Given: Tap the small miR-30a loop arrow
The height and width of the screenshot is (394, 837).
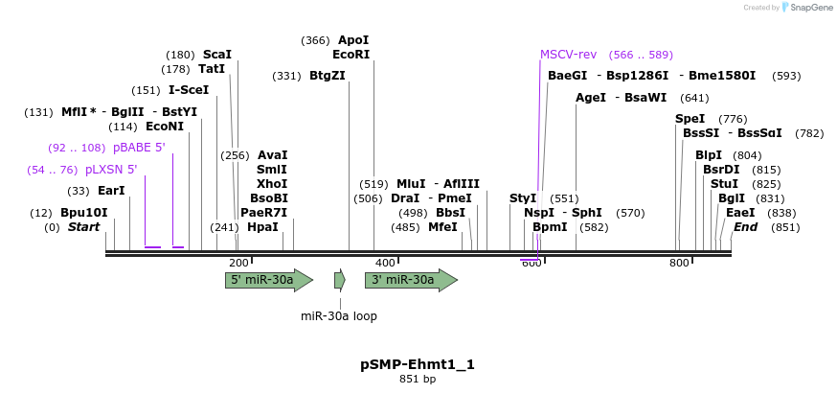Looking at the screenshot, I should click(x=340, y=280).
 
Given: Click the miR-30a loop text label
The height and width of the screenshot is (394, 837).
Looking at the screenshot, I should click(x=339, y=315).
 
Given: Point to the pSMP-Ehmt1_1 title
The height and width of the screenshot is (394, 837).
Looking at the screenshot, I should click(x=418, y=364).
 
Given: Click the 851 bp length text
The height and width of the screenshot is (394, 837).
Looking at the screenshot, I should click(x=418, y=380).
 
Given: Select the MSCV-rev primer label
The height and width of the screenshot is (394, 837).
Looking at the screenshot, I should click(x=568, y=55).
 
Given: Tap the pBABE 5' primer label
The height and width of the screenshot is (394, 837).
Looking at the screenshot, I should click(x=139, y=148).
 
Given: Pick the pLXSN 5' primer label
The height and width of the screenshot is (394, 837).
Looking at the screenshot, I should click(x=111, y=170).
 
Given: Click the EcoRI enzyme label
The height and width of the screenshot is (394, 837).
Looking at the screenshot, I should click(x=351, y=55).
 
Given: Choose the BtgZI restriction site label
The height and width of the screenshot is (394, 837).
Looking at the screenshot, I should click(x=328, y=76).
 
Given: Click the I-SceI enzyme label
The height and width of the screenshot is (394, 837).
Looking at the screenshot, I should click(x=189, y=90).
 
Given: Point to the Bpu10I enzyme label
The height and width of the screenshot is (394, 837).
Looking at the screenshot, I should click(x=84, y=213).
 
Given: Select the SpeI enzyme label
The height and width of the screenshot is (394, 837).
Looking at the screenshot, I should click(x=690, y=119).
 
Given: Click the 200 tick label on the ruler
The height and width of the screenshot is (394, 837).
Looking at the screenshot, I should click(x=238, y=263).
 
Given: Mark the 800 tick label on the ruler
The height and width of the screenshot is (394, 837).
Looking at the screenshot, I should click(x=679, y=263).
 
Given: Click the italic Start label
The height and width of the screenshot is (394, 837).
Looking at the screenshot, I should click(x=84, y=227).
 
